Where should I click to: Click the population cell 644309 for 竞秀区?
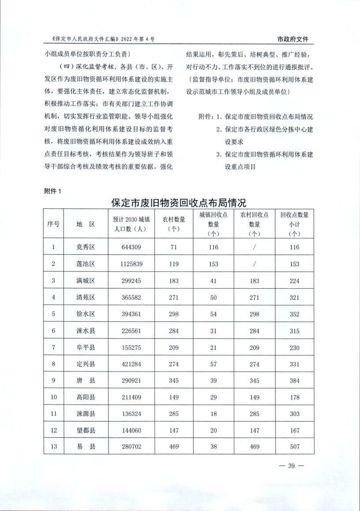[x=131, y=247]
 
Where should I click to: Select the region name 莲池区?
[x=86, y=264]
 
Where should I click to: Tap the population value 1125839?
[x=131, y=264]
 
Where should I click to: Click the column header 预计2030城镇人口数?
[x=131, y=224]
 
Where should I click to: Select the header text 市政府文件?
[x=292, y=39]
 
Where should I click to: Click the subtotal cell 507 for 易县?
[x=295, y=447]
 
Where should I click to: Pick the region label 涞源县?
[x=86, y=414]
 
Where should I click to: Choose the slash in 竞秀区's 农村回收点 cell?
[x=255, y=247]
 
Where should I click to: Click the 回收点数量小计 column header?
[x=295, y=224]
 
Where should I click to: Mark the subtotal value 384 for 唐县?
[x=295, y=380]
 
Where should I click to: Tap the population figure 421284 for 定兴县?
[x=131, y=364]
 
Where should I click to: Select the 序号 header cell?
[x=53, y=224]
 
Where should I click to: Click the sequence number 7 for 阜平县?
[x=53, y=347]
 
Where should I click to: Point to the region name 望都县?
[x=86, y=431]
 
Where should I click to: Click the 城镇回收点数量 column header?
[x=214, y=224]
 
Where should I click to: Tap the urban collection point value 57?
[x=214, y=364]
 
